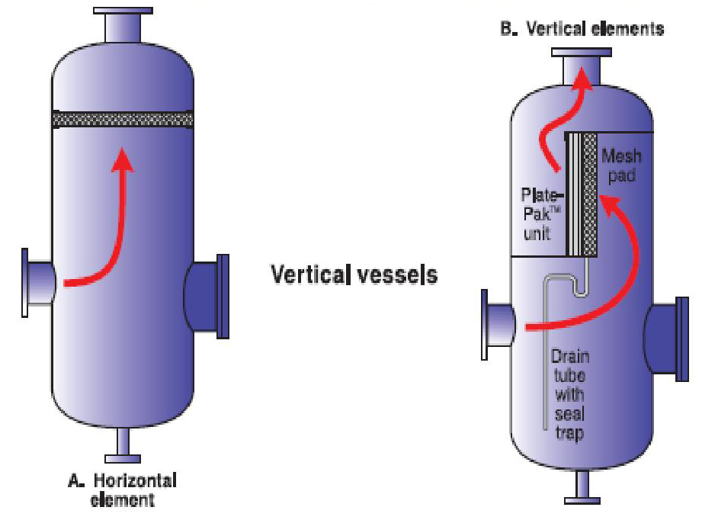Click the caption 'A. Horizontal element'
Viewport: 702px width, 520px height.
point(123,490)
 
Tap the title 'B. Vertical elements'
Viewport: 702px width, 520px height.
point(582,29)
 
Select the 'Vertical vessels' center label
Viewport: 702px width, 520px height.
point(354,274)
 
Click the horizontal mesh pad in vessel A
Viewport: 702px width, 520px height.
point(122,120)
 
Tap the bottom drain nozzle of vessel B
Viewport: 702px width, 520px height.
point(582,488)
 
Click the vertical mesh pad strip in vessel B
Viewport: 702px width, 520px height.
point(588,194)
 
